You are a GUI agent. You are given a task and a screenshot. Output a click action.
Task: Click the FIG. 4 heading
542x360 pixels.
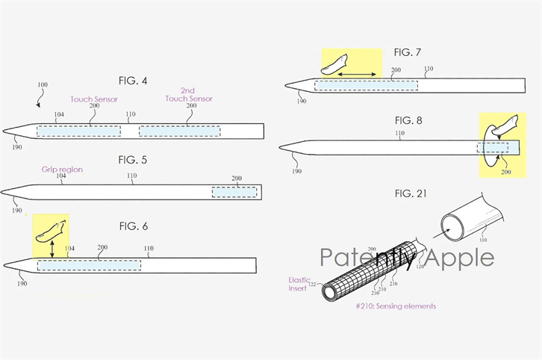click(x=133, y=81)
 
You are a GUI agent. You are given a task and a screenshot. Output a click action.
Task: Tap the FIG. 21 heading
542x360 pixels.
click(x=411, y=193)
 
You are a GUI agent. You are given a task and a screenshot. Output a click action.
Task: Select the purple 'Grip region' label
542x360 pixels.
click(x=62, y=170)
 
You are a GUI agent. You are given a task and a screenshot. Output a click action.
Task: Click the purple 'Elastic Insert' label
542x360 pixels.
click(x=299, y=284)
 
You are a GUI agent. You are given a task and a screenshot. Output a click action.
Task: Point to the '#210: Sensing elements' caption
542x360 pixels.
click(x=396, y=306)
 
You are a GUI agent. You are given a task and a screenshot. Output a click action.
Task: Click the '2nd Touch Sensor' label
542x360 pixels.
click(x=189, y=94)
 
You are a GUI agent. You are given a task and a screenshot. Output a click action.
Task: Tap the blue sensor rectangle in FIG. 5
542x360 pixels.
click(x=234, y=192)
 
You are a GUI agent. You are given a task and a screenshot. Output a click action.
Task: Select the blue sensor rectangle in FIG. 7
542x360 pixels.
click(x=366, y=85)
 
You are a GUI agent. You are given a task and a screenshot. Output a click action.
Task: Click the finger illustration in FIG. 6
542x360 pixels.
click(x=51, y=232)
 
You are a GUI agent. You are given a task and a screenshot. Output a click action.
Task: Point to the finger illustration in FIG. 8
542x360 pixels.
click(x=505, y=125)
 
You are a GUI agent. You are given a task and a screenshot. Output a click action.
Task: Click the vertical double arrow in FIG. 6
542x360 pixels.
click(x=52, y=249)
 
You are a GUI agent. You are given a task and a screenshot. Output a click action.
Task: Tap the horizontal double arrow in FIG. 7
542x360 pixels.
click(x=357, y=75)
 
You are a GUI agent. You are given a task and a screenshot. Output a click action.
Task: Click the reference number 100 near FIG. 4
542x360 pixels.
click(x=43, y=84)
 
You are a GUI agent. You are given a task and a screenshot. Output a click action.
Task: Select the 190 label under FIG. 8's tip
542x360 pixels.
click(x=296, y=171)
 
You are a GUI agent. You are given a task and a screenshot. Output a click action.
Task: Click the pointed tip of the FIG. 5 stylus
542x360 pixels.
click(x=1, y=192)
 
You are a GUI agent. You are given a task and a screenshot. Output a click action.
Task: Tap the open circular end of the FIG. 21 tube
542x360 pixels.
click(x=452, y=228)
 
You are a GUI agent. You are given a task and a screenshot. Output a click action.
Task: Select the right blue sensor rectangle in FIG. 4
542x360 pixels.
click(x=180, y=131)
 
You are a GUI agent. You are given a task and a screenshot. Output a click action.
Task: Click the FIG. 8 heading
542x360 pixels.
click(x=408, y=121)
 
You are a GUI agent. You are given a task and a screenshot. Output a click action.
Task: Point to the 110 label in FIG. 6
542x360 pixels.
click(x=149, y=248)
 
